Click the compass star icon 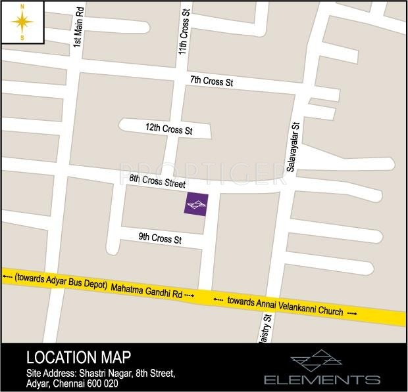click(x=23, y=22)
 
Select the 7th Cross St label click(x=212, y=81)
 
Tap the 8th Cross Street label click(x=158, y=181)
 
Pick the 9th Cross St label click(x=159, y=238)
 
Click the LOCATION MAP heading click(x=78, y=358)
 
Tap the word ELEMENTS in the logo click(x=322, y=380)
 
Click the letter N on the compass click(x=23, y=7)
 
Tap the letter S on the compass click(x=23, y=38)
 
